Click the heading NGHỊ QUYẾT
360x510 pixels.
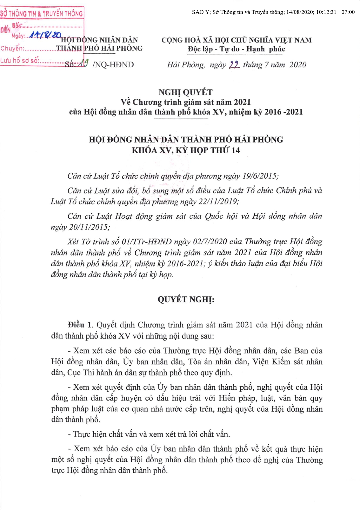[185, 92]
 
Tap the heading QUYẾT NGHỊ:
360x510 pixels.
[186, 299]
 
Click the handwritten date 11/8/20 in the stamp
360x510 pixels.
[45, 35]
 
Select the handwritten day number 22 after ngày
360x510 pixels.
[234, 65]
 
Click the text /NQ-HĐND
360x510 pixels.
[113, 64]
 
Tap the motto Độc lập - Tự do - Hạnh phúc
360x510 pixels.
[236, 49]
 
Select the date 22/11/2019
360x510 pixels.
[219, 202]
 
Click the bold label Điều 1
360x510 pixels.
[80, 325]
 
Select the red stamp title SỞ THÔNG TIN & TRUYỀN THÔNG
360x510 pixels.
[41, 13]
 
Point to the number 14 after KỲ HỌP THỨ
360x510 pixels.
[236, 150]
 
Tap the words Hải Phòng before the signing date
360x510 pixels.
[186, 65]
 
